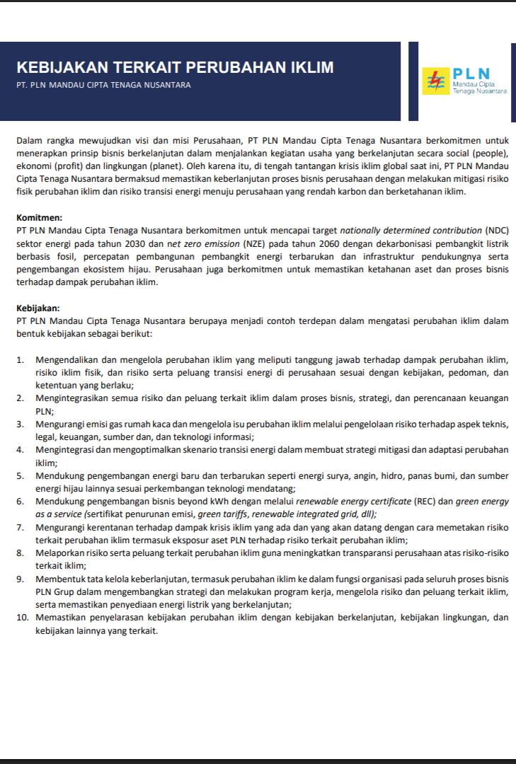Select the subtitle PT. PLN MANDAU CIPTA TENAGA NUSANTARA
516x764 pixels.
pos(103,85)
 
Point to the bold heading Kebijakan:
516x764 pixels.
pos(38,308)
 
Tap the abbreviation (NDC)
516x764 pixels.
pos(497,231)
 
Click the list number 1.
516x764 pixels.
pos(21,360)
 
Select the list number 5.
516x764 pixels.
pos(21,475)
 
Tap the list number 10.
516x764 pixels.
pos(23,618)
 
